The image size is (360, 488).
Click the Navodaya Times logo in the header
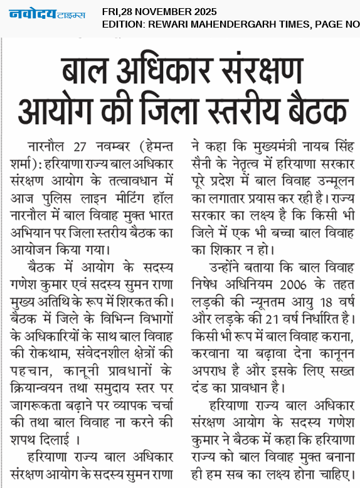(x=47, y=14)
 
